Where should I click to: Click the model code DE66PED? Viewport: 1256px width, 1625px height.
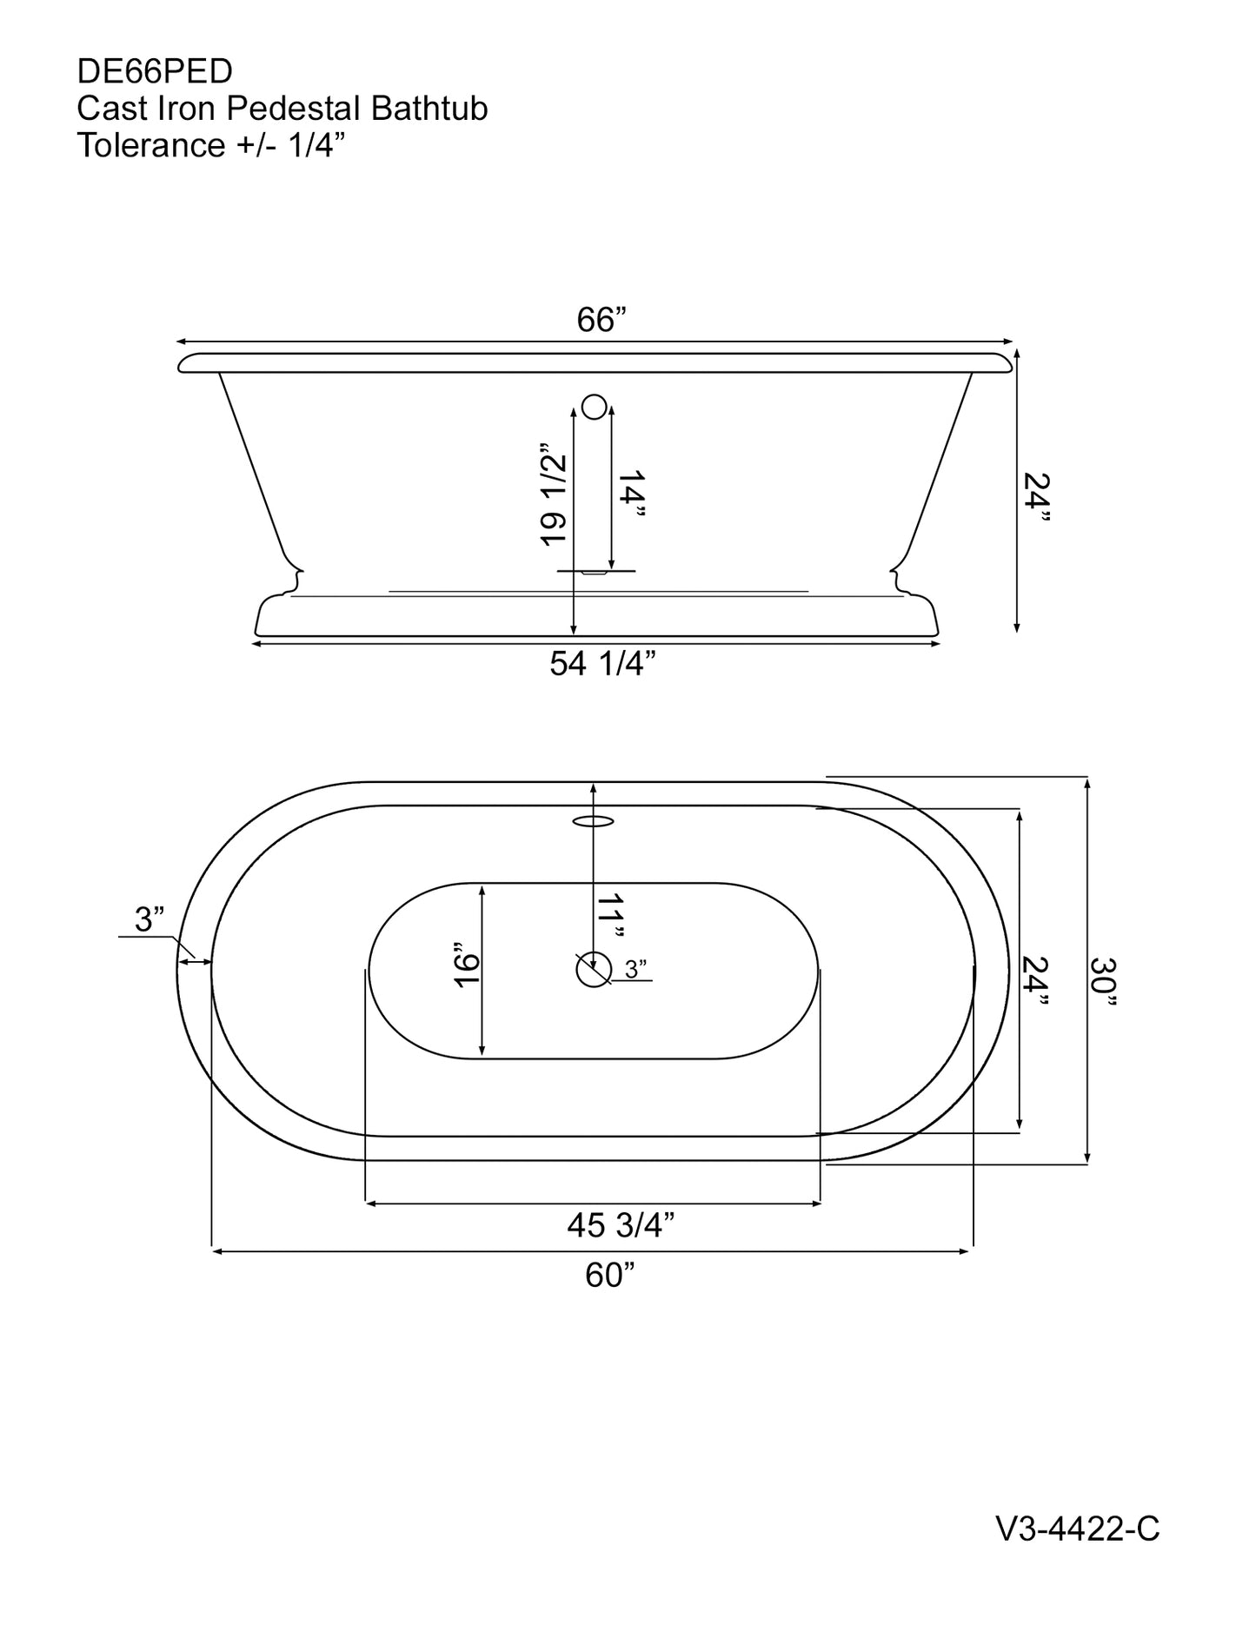point(154,71)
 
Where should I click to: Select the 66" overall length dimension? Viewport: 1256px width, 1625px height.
point(601,321)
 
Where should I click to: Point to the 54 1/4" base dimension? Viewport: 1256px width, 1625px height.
point(602,664)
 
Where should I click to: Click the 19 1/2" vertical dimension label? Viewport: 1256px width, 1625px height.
point(554,500)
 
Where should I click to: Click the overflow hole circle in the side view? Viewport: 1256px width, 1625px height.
point(594,405)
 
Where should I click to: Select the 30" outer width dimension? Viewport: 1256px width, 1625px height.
point(1104,982)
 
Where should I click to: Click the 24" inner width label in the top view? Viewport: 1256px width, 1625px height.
point(1036,982)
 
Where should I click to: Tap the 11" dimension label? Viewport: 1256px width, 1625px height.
point(612,916)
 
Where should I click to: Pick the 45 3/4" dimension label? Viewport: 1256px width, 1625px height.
point(621,1225)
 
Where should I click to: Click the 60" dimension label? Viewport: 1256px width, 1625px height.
point(609,1275)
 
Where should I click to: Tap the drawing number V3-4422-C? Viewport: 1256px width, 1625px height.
point(1077,1553)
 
